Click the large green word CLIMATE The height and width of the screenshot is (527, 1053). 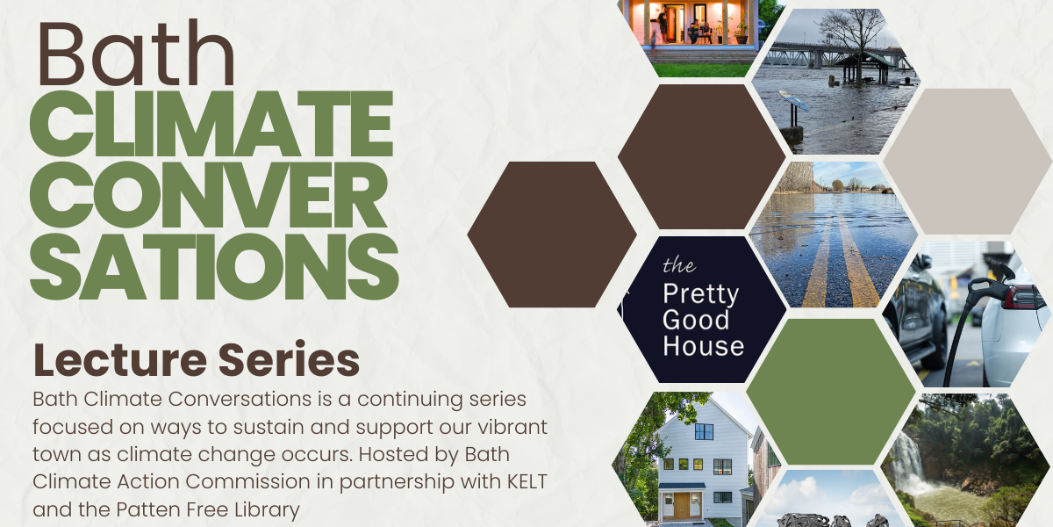(x=211, y=123)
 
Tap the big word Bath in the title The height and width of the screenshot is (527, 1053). (x=136, y=53)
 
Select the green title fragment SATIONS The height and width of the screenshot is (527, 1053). (x=214, y=267)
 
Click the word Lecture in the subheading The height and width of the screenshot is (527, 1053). (x=120, y=360)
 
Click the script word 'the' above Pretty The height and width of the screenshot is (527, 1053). (x=679, y=265)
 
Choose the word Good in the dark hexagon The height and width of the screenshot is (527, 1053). (x=696, y=320)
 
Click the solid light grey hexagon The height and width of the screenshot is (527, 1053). (x=967, y=162)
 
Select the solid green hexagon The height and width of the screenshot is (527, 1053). (x=831, y=392)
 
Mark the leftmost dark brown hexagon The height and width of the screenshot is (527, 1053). (x=552, y=235)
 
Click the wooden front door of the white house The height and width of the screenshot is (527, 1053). (x=682, y=504)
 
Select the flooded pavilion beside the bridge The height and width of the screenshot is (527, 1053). (x=861, y=69)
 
